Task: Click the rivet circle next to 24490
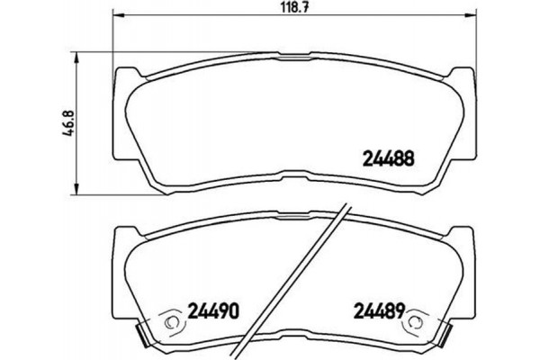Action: [169, 319]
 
